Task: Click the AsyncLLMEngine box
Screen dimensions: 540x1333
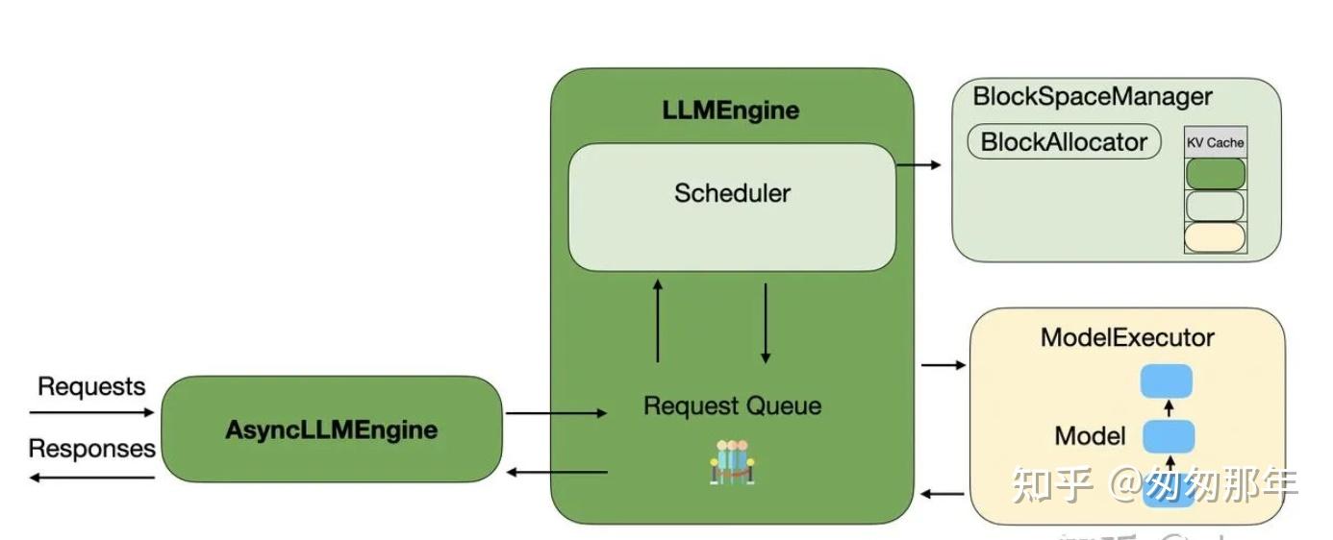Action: point(331,430)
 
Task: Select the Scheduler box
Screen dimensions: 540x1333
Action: point(732,207)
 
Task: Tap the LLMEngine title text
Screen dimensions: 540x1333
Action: point(731,110)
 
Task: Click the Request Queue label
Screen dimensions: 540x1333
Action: point(732,405)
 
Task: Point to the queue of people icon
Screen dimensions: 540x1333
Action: point(731,462)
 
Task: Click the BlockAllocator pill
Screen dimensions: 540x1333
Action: point(1064,142)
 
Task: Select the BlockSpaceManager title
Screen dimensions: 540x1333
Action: point(1093,96)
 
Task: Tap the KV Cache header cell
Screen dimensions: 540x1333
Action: point(1215,142)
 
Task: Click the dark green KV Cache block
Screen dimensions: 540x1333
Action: point(1215,174)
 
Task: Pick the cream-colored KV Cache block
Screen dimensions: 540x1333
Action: point(1215,237)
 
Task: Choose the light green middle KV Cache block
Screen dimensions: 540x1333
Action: point(1215,206)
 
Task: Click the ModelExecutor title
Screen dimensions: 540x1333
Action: point(1126,337)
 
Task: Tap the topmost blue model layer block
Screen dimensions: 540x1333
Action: point(1166,380)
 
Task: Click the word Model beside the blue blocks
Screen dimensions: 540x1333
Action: point(1090,436)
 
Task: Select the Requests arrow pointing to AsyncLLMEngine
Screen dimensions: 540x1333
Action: point(91,413)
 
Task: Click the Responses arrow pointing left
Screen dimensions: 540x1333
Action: point(91,477)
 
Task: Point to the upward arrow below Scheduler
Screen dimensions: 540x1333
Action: point(658,321)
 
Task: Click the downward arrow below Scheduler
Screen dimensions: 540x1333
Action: point(766,323)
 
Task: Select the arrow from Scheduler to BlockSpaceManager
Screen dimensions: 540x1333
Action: point(918,165)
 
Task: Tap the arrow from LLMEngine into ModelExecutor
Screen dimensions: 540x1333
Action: point(943,365)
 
